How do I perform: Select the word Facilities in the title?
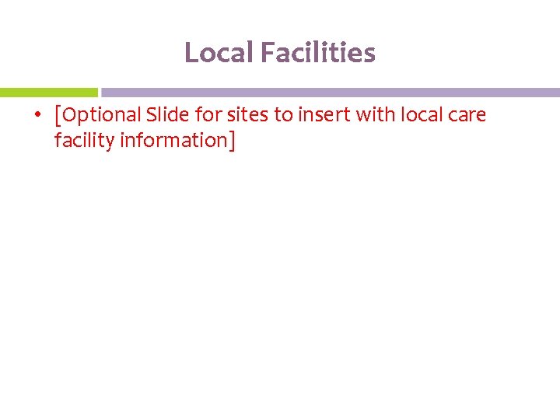(x=318, y=53)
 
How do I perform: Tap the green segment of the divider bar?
(x=48, y=92)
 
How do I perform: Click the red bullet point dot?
(x=37, y=116)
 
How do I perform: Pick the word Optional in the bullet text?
(x=100, y=115)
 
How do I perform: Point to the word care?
(x=468, y=115)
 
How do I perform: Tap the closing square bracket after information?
(x=231, y=142)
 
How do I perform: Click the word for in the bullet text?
(x=208, y=115)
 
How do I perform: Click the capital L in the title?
(x=190, y=53)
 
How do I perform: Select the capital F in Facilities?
(x=267, y=53)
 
